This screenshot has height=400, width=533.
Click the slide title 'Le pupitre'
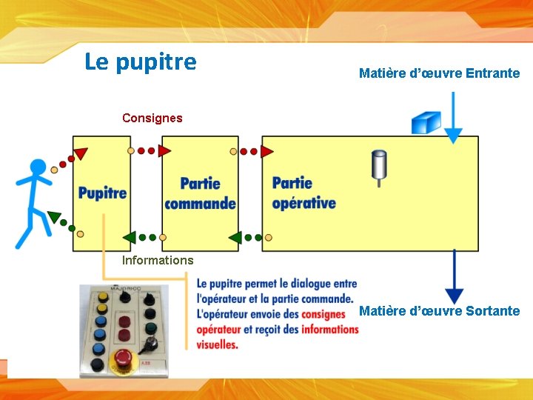click(x=141, y=61)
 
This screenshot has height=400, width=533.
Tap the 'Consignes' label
click(x=152, y=118)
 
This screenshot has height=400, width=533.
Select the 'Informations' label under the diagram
click(x=157, y=260)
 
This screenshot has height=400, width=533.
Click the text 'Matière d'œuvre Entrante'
click(x=439, y=73)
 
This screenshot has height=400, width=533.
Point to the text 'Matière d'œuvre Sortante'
click(x=439, y=310)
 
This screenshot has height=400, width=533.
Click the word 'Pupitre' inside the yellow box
click(x=102, y=193)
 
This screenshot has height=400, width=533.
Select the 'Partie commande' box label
click(x=200, y=193)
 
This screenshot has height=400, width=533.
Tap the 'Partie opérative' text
click(x=304, y=193)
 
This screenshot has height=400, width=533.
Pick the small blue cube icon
click(x=426, y=121)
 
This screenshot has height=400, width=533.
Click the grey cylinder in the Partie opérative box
click(x=379, y=165)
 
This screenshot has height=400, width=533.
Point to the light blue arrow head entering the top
click(x=454, y=136)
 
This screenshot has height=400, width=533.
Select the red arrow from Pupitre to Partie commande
click(x=164, y=151)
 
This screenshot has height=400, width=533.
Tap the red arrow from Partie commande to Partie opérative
click(x=266, y=151)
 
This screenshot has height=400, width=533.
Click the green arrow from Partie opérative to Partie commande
click(x=235, y=238)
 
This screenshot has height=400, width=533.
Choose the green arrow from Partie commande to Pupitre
click(x=129, y=238)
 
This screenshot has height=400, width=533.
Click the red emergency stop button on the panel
click(x=124, y=359)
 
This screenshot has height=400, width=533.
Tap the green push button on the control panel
click(x=150, y=326)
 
